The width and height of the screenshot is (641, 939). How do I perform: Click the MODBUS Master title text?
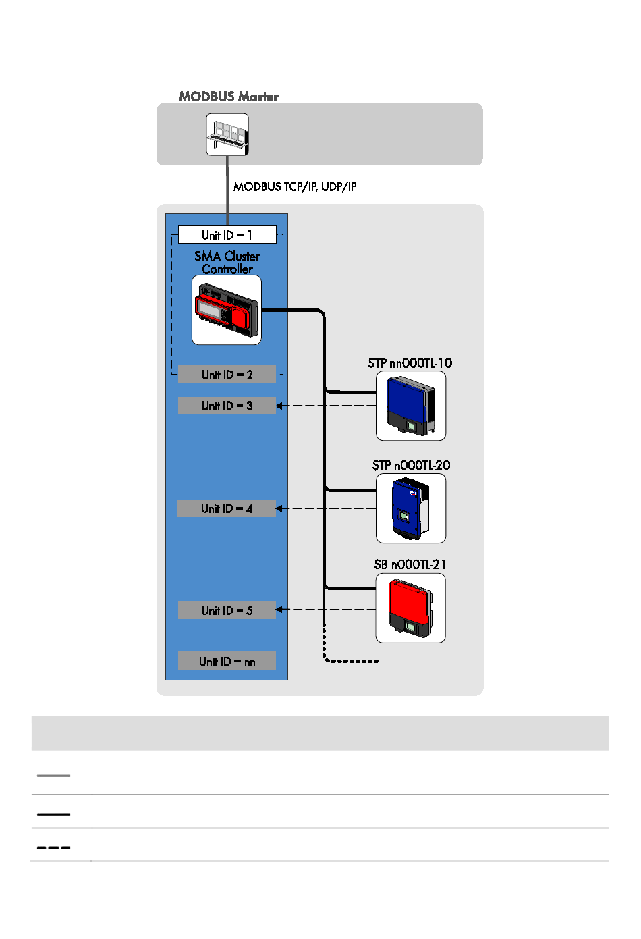[x=228, y=97]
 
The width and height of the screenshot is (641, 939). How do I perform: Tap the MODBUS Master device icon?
[x=227, y=134]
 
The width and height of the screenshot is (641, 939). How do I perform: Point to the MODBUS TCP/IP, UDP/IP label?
[x=295, y=186]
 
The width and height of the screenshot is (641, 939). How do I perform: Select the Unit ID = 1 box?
[x=227, y=235]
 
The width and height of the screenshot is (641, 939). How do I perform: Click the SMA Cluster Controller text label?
[x=227, y=263]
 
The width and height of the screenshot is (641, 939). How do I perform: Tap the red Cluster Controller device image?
[x=227, y=310]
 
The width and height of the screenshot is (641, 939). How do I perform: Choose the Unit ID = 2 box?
[x=227, y=375]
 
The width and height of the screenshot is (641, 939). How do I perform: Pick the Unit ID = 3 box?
[x=227, y=406]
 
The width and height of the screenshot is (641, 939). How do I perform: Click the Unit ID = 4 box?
[x=227, y=508]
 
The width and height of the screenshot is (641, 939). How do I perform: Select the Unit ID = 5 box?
[x=227, y=610]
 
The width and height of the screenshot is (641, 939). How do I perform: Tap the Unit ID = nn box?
[x=227, y=661]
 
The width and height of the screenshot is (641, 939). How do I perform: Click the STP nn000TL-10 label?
[x=410, y=363]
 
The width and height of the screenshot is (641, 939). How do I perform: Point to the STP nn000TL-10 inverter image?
[x=410, y=406]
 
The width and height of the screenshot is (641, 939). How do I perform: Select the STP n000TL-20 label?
[x=411, y=465]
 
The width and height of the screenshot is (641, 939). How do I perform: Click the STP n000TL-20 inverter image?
[x=410, y=508]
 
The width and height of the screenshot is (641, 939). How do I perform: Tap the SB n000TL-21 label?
[x=410, y=564]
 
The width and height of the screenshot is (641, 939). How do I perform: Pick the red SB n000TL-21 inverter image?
[x=410, y=608]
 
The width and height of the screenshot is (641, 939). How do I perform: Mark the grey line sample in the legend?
[x=53, y=776]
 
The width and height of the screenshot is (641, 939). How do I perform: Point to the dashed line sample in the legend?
[x=53, y=847]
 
